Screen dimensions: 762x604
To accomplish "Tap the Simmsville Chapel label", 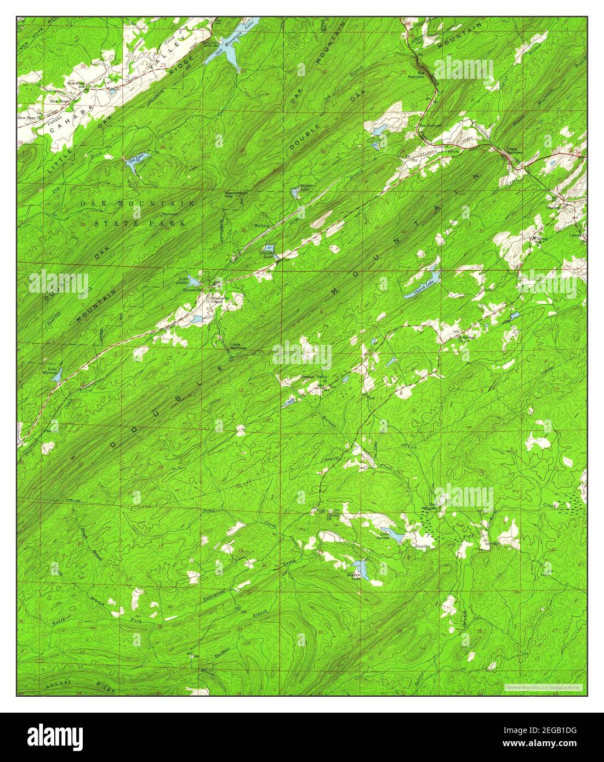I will [220, 299].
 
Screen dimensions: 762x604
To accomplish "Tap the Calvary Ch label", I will [334, 516].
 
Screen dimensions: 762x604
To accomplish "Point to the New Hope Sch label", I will [76, 84].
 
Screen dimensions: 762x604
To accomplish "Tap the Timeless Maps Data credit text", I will [543, 686].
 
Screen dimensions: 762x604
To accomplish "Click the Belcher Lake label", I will [306, 187].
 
